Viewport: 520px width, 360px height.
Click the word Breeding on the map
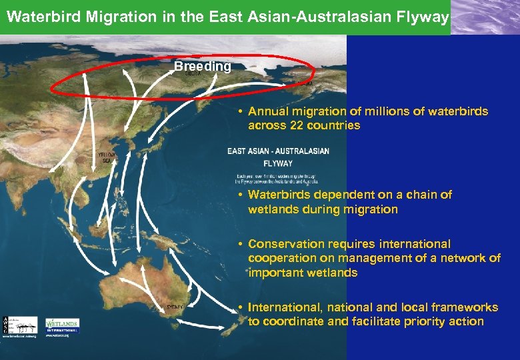202,67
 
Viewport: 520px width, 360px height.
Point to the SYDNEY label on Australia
175,307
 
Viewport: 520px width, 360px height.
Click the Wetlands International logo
62,325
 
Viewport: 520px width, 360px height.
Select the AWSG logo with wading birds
20,325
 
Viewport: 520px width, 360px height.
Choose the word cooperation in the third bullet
281,258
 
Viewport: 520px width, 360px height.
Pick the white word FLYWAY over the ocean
278,163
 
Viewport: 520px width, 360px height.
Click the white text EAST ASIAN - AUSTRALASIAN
278,151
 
